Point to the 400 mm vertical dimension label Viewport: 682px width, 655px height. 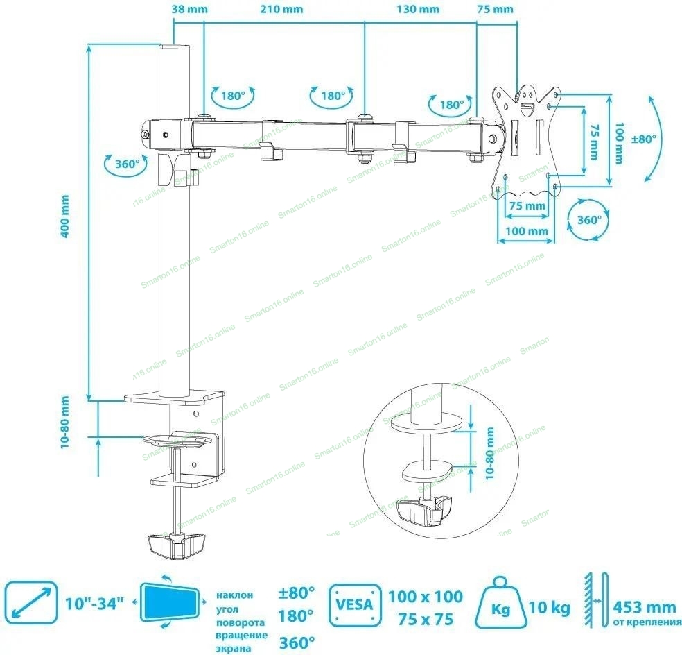tap(65, 216)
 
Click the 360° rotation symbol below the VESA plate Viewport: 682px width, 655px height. tap(588, 220)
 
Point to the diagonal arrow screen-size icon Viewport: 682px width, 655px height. tap(30, 603)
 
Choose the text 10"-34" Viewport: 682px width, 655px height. tap(95, 602)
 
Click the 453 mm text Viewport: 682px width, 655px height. tap(644, 606)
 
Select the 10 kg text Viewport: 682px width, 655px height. tap(549, 609)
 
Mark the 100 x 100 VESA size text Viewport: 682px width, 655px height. tap(425, 595)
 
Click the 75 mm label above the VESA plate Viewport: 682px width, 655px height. tap(495, 9)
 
